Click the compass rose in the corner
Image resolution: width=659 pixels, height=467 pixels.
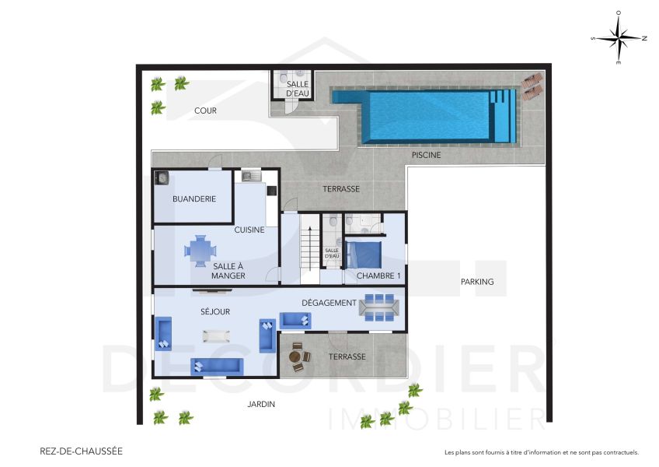[x=619, y=37]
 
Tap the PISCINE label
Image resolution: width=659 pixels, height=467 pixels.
[x=426, y=155]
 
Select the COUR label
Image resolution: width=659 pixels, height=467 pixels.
[x=205, y=111]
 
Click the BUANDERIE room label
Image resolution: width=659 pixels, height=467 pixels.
[x=194, y=198]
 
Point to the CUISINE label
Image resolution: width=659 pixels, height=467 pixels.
[x=249, y=230]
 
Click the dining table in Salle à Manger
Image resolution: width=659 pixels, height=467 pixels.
[x=201, y=251]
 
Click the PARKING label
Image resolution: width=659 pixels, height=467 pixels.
[x=476, y=282]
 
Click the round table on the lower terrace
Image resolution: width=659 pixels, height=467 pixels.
[x=296, y=356]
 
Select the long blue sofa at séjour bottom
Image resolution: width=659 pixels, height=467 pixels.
[x=218, y=366]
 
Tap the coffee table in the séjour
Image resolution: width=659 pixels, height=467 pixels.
[x=216, y=336]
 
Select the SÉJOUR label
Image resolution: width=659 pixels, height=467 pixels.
[x=215, y=311]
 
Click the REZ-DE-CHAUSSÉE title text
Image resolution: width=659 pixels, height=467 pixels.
[x=81, y=451]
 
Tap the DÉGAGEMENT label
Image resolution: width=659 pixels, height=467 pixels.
[x=328, y=303]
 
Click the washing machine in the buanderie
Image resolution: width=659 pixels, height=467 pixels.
[x=162, y=178]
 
